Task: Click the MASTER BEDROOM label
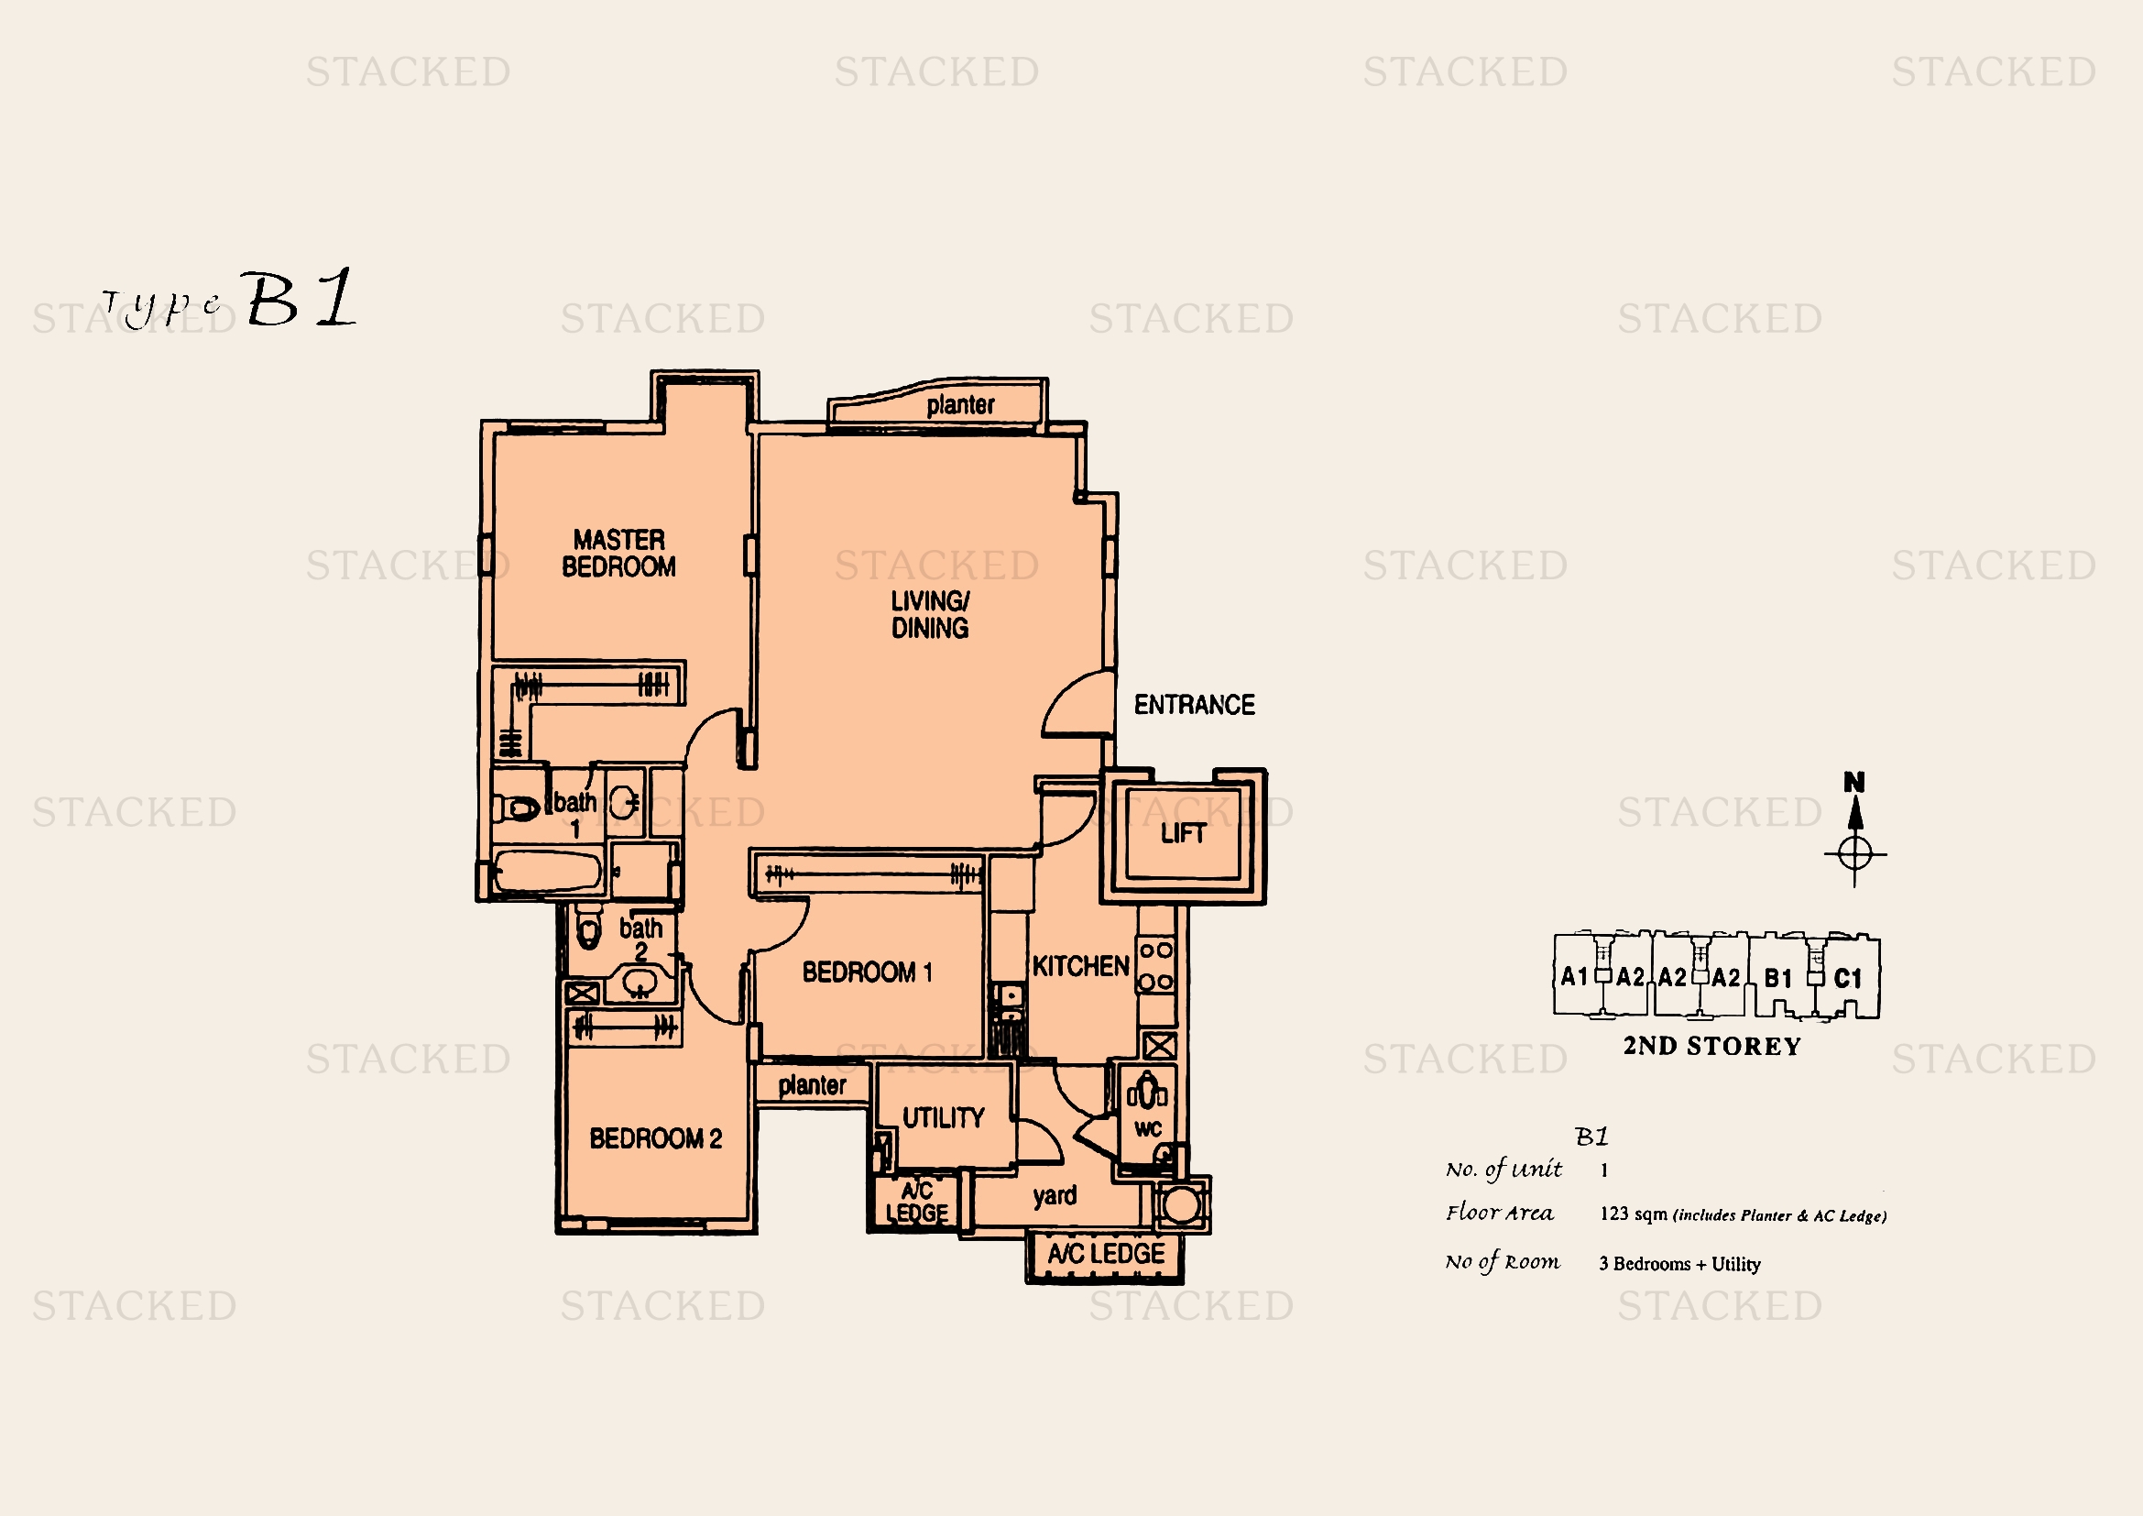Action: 618,554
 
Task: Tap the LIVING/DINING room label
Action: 930,615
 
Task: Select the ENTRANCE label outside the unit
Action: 1194,705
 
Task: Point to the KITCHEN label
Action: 1081,966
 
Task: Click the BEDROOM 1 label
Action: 867,972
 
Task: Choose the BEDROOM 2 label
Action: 655,1139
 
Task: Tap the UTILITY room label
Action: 943,1118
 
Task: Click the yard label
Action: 1055,1197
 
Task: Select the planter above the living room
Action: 938,403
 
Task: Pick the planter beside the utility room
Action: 812,1084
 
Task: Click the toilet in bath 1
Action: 517,807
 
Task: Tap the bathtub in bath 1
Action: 547,871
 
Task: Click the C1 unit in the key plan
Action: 1848,978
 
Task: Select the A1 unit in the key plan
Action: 1575,976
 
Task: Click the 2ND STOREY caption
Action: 1711,1047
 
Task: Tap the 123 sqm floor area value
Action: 1634,1214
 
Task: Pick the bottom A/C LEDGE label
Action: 1106,1254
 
